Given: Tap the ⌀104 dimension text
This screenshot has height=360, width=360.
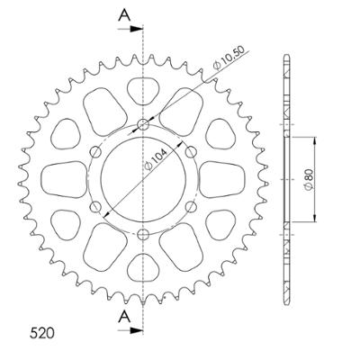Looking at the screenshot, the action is pos(157,159).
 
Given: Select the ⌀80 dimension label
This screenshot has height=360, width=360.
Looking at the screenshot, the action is pos(309,179).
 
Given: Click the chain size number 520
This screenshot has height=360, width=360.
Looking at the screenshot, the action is pos(42,333).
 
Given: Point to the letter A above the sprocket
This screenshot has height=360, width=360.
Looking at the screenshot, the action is pos(124,15).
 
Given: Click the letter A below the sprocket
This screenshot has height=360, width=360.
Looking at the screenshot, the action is pos(124,317).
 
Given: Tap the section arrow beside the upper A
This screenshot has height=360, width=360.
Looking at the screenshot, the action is pos(130,29).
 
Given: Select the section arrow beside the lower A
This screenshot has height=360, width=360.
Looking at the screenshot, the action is pos(130,330).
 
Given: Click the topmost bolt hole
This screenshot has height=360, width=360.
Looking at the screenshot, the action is pos(143,124).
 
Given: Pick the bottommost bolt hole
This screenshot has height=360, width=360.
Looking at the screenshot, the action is pos(143,234).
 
